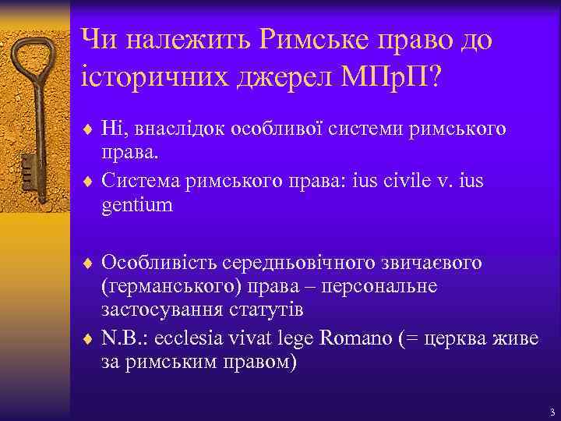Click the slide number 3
(550, 411)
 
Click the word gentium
(137, 206)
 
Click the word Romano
(349, 341)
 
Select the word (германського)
(163, 286)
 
